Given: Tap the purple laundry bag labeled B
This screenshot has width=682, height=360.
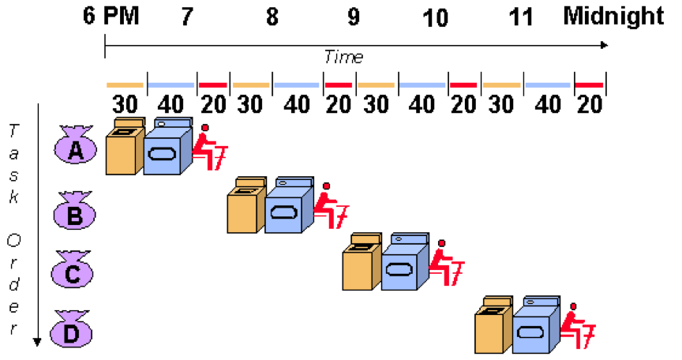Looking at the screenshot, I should (74, 212).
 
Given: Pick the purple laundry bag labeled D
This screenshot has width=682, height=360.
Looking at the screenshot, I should (71, 332).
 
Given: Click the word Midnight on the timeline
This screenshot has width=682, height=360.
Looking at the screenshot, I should (613, 17).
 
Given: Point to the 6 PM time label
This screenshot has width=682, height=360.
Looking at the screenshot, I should (111, 17).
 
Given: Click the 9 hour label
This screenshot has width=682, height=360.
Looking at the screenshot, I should (353, 17).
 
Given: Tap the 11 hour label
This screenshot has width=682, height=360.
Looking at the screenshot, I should (521, 17).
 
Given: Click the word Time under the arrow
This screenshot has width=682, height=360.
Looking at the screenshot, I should (343, 57).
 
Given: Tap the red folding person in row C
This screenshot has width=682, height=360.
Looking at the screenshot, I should (445, 264).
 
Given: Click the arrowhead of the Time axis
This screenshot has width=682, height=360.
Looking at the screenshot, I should (604, 45).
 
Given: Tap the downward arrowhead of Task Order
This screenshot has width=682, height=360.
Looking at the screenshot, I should (36, 342).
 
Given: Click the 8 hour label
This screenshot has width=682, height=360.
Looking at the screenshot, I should (272, 17).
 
